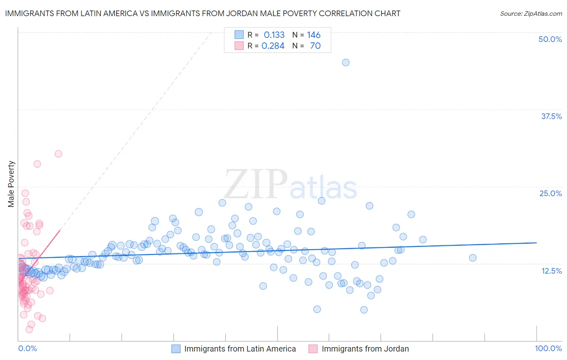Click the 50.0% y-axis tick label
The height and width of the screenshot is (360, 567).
550,39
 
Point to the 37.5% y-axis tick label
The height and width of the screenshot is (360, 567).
551,116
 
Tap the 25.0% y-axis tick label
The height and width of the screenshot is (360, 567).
550,193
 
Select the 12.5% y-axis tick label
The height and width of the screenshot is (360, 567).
551,270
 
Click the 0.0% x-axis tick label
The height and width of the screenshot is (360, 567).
27,348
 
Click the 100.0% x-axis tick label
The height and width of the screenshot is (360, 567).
548,348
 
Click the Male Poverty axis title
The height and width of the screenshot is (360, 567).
11,184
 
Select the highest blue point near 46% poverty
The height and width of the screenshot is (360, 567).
346,63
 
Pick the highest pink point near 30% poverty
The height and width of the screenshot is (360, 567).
58,154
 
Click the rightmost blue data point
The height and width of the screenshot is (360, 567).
473,258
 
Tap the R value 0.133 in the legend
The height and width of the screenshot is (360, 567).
274,35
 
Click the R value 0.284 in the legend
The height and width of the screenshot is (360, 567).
273,46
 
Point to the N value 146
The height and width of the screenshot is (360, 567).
313,35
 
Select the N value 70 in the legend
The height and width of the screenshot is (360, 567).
315,46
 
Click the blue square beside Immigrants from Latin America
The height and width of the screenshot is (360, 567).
176,349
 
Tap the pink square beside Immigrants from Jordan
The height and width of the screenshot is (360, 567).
313,349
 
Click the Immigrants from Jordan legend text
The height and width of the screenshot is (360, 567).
365,349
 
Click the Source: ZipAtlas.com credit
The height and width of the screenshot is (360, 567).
531,14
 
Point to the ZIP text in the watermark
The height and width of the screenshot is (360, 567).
256,184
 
